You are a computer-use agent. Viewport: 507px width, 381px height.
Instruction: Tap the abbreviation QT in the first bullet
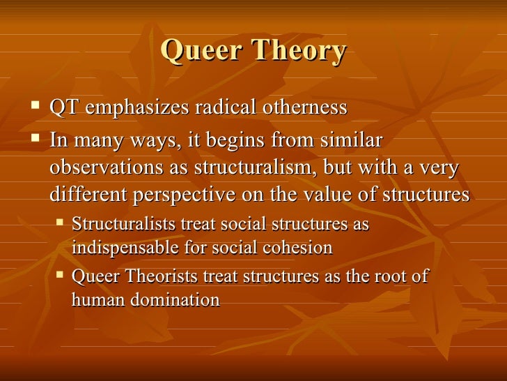point(63,108)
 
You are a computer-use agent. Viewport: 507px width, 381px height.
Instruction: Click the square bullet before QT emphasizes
point(36,107)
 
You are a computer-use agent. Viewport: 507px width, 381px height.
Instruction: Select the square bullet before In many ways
point(36,140)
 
